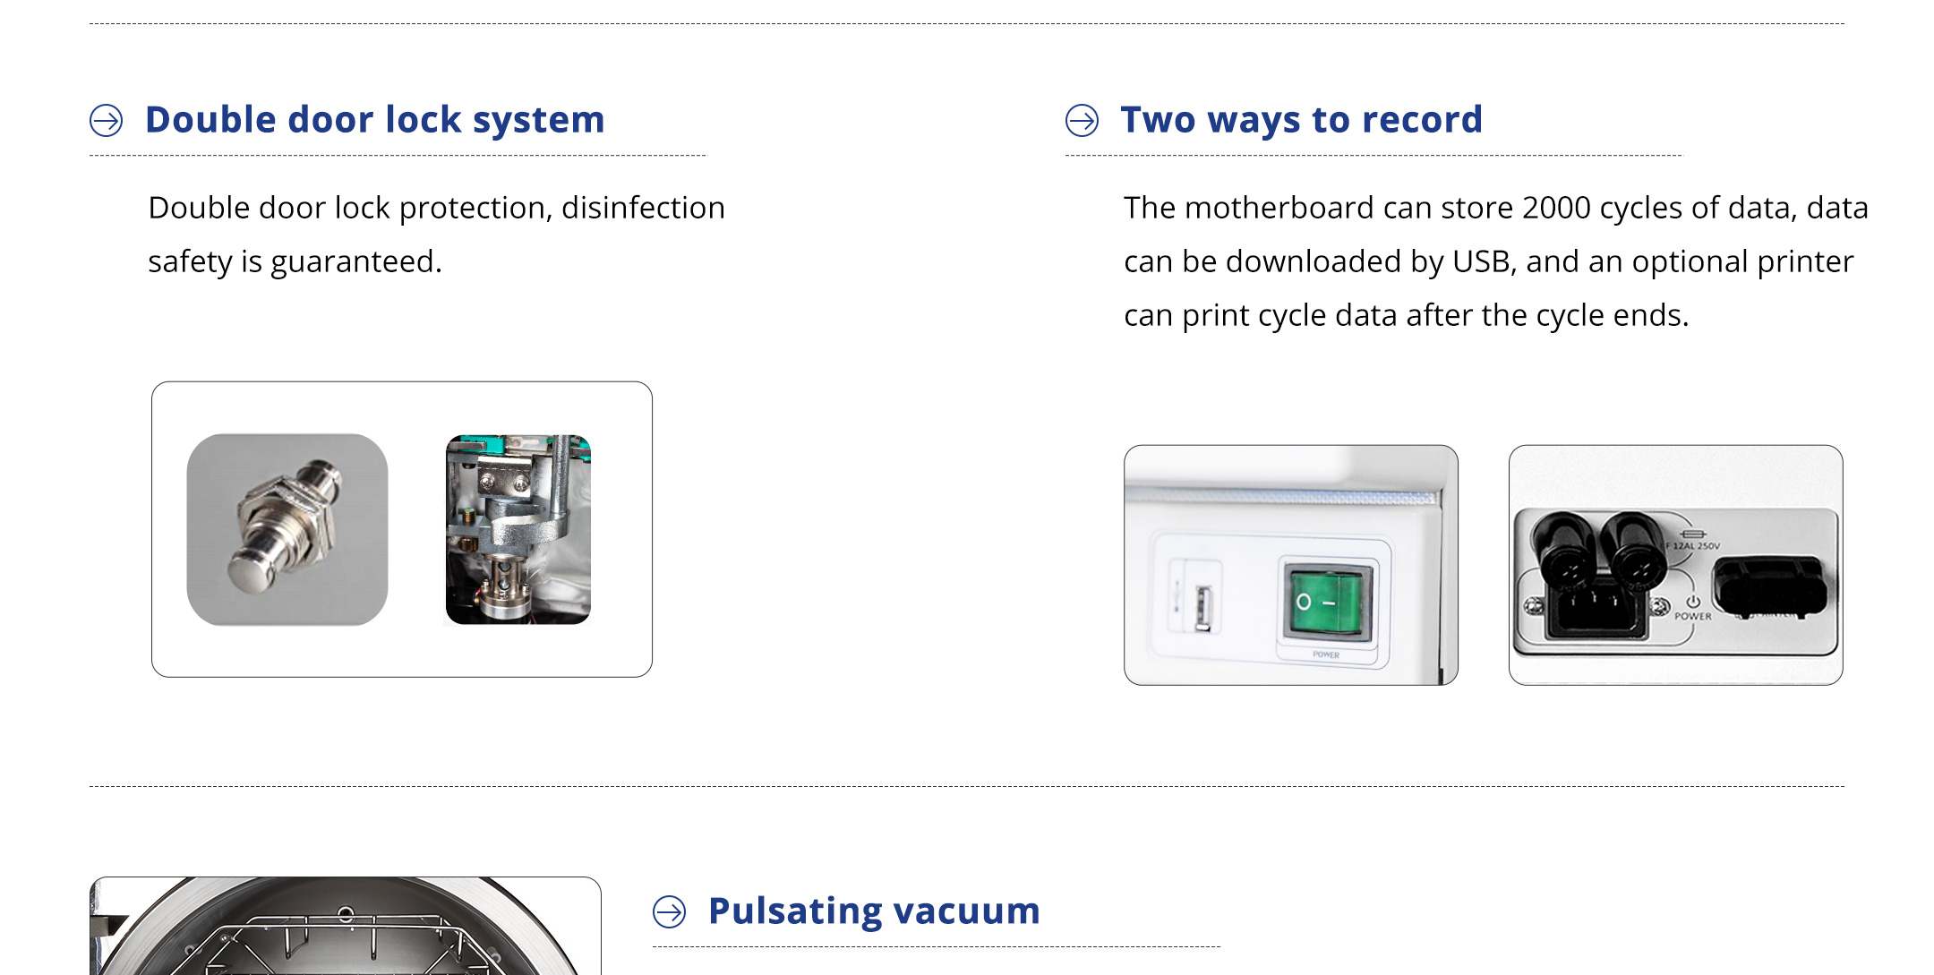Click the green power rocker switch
(x=1327, y=602)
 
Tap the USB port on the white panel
(x=1203, y=609)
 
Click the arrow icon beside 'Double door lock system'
(x=107, y=120)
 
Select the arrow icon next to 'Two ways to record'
(x=1082, y=120)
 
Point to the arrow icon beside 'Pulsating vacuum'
(x=670, y=911)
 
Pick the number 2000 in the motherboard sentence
(x=1556, y=208)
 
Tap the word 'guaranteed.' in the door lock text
(x=356, y=262)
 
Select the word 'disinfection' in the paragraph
(x=643, y=208)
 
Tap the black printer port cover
(x=1768, y=586)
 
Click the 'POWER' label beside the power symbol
(x=1693, y=617)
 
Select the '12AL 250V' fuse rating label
(x=1696, y=545)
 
